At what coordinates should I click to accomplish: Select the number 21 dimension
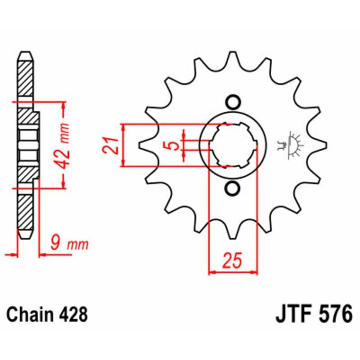tap(112, 145)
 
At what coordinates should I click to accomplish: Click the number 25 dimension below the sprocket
tap(233, 261)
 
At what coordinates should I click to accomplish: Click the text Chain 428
tap(47, 314)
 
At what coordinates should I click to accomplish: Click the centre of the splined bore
tap(233, 145)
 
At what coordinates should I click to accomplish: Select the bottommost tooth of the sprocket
tap(233, 234)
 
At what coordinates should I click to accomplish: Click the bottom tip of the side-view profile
tap(26, 238)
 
